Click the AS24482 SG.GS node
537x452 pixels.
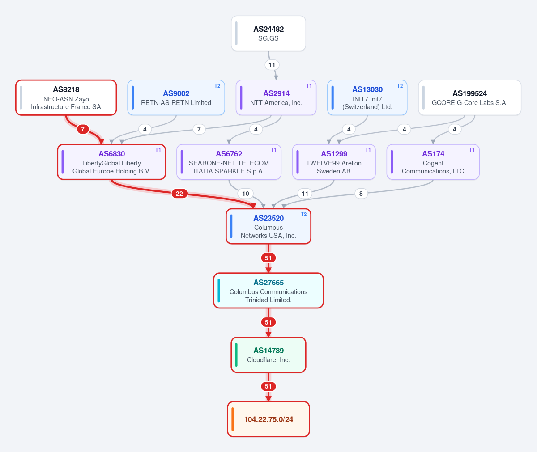click(x=268, y=34)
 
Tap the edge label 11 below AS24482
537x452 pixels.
click(x=272, y=65)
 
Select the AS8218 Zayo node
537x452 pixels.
click(x=66, y=97)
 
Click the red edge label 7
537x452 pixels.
click(x=82, y=129)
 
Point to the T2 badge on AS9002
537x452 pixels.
click(x=217, y=86)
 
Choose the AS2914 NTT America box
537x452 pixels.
click(x=276, y=97)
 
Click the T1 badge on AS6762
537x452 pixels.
click(x=273, y=150)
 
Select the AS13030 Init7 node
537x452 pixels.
click(x=367, y=97)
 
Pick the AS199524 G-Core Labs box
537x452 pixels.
click(x=469, y=97)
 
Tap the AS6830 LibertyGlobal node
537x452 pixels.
click(x=111, y=162)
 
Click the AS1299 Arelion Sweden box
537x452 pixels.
click(x=334, y=162)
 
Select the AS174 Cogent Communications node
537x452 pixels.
click(x=433, y=162)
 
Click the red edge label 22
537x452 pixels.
click(x=179, y=194)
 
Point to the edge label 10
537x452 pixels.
click(x=245, y=194)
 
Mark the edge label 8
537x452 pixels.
click(x=361, y=194)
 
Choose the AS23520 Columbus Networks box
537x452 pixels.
click(x=268, y=226)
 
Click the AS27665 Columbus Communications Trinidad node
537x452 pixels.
click(x=268, y=290)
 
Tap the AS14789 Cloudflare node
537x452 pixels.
click(x=268, y=355)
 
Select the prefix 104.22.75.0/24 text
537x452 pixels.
click(x=268, y=419)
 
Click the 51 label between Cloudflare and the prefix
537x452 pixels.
click(x=268, y=386)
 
